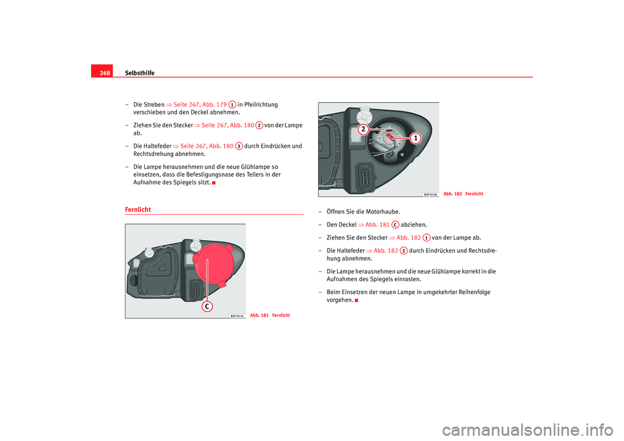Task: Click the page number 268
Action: coord(105,73)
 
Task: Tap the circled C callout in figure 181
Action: coord(207,306)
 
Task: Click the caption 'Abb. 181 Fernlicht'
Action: coord(270,315)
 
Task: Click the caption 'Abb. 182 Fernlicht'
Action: coord(463,194)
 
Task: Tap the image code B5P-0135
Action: coord(237,315)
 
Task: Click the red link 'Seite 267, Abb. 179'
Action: coord(200,105)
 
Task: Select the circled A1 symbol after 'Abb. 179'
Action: coord(231,105)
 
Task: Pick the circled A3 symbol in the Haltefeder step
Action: coord(239,146)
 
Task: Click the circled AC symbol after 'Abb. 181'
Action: coord(395,224)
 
